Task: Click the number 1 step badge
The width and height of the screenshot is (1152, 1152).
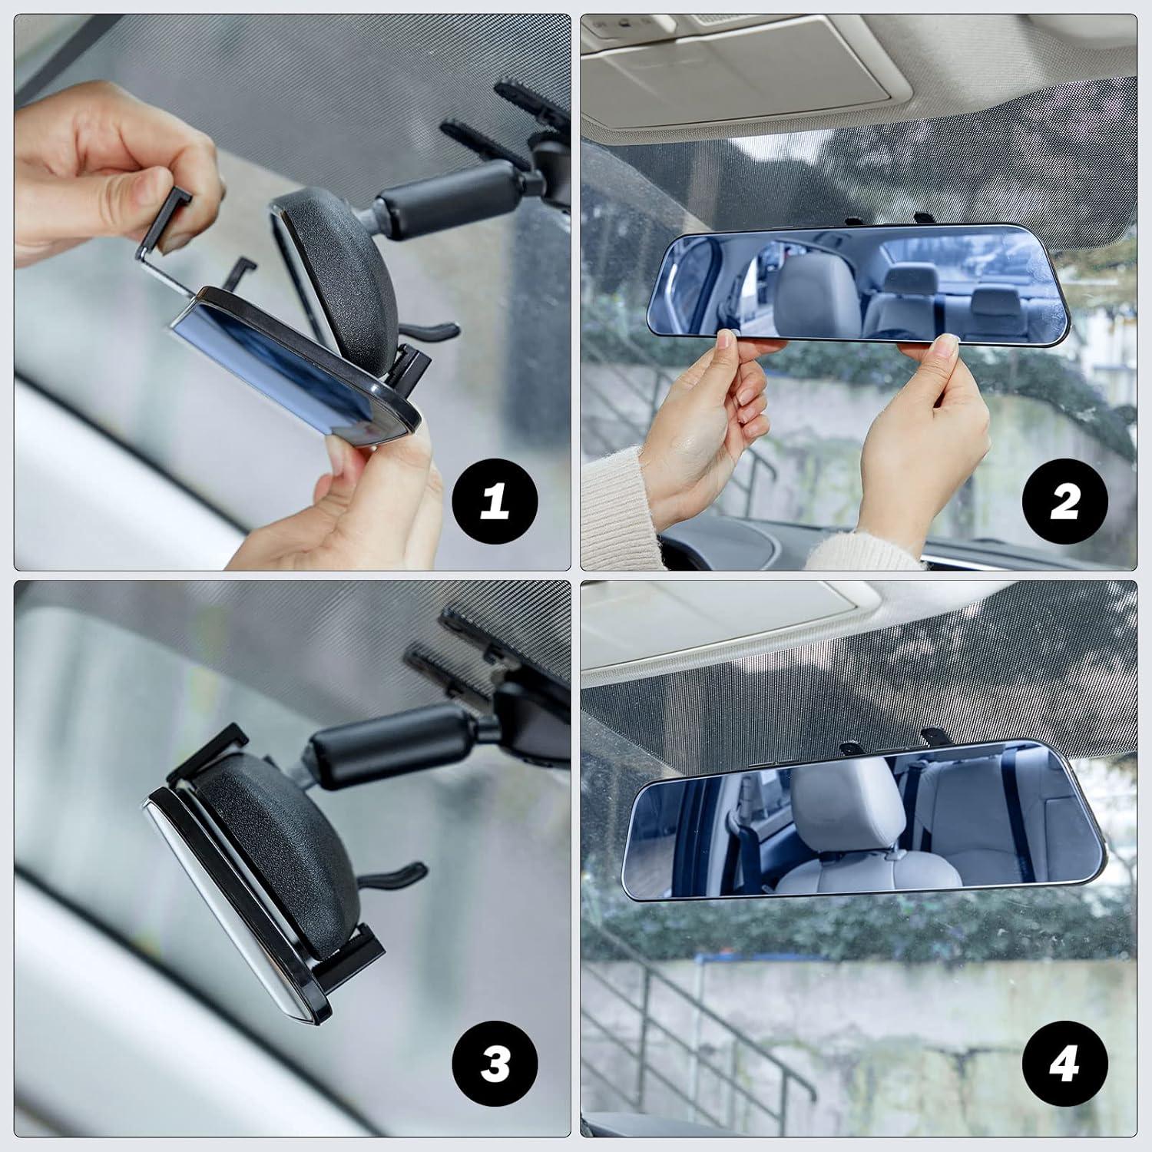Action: coord(495,502)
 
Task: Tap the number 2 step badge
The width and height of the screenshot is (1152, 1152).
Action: coord(1064,502)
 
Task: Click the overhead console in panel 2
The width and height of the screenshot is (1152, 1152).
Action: coord(737,61)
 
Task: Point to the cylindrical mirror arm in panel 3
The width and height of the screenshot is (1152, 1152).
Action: coord(384,745)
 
